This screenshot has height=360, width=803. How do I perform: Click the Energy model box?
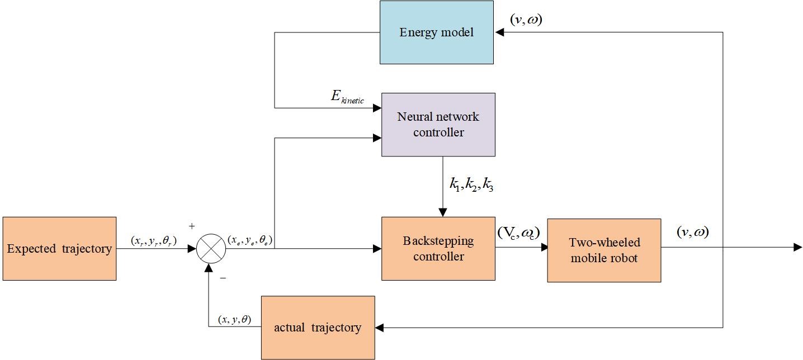point(437,32)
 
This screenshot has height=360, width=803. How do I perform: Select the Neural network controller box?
point(438,125)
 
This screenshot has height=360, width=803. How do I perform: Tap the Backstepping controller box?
point(438,248)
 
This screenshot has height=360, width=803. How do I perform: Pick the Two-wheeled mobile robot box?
point(604,250)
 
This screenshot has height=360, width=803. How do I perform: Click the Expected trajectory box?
point(59,248)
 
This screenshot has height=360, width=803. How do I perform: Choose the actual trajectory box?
point(318,328)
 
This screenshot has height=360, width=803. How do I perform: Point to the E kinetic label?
point(347,98)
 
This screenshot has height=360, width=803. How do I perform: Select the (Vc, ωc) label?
point(518,233)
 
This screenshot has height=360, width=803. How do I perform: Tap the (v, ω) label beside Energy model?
point(526,20)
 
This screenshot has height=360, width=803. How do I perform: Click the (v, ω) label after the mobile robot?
point(692,232)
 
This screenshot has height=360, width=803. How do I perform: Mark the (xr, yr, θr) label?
point(154,240)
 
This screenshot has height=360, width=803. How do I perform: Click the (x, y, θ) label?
point(234,319)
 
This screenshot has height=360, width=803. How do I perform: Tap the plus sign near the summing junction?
point(192,226)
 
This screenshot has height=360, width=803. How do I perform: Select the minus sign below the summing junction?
point(223,277)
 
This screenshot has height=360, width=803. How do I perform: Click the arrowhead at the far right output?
point(798,248)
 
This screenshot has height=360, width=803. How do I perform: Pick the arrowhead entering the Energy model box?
point(499,32)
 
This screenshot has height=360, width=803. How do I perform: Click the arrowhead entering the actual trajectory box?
point(379,328)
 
